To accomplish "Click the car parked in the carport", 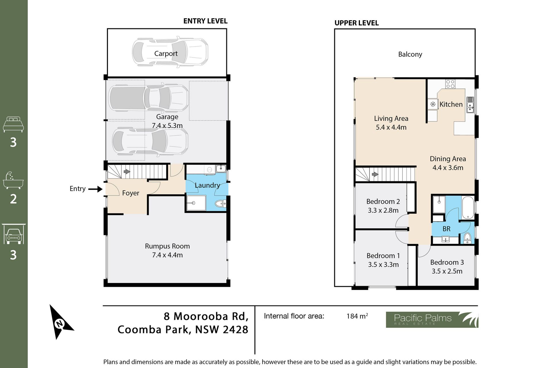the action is (170, 52).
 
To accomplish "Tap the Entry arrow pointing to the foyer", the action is (95, 189).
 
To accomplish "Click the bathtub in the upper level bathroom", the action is (468, 208).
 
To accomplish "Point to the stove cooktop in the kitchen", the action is (450, 84).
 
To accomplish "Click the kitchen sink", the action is (470, 104).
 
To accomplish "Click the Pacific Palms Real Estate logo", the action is (432, 320).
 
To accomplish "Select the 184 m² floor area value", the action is (357, 316).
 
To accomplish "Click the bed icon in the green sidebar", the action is (13, 124).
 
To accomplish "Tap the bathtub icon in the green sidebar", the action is (13, 181).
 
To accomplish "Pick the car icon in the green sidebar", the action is (14, 234).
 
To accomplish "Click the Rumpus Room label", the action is (167, 246).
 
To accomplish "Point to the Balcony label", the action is (410, 54).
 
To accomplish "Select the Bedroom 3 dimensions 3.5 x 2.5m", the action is (447, 271).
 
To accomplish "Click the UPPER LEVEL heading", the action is (356, 23).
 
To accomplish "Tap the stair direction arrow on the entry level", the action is (127, 172).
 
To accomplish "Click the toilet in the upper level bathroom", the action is (467, 238).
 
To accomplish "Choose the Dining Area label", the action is (448, 159).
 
